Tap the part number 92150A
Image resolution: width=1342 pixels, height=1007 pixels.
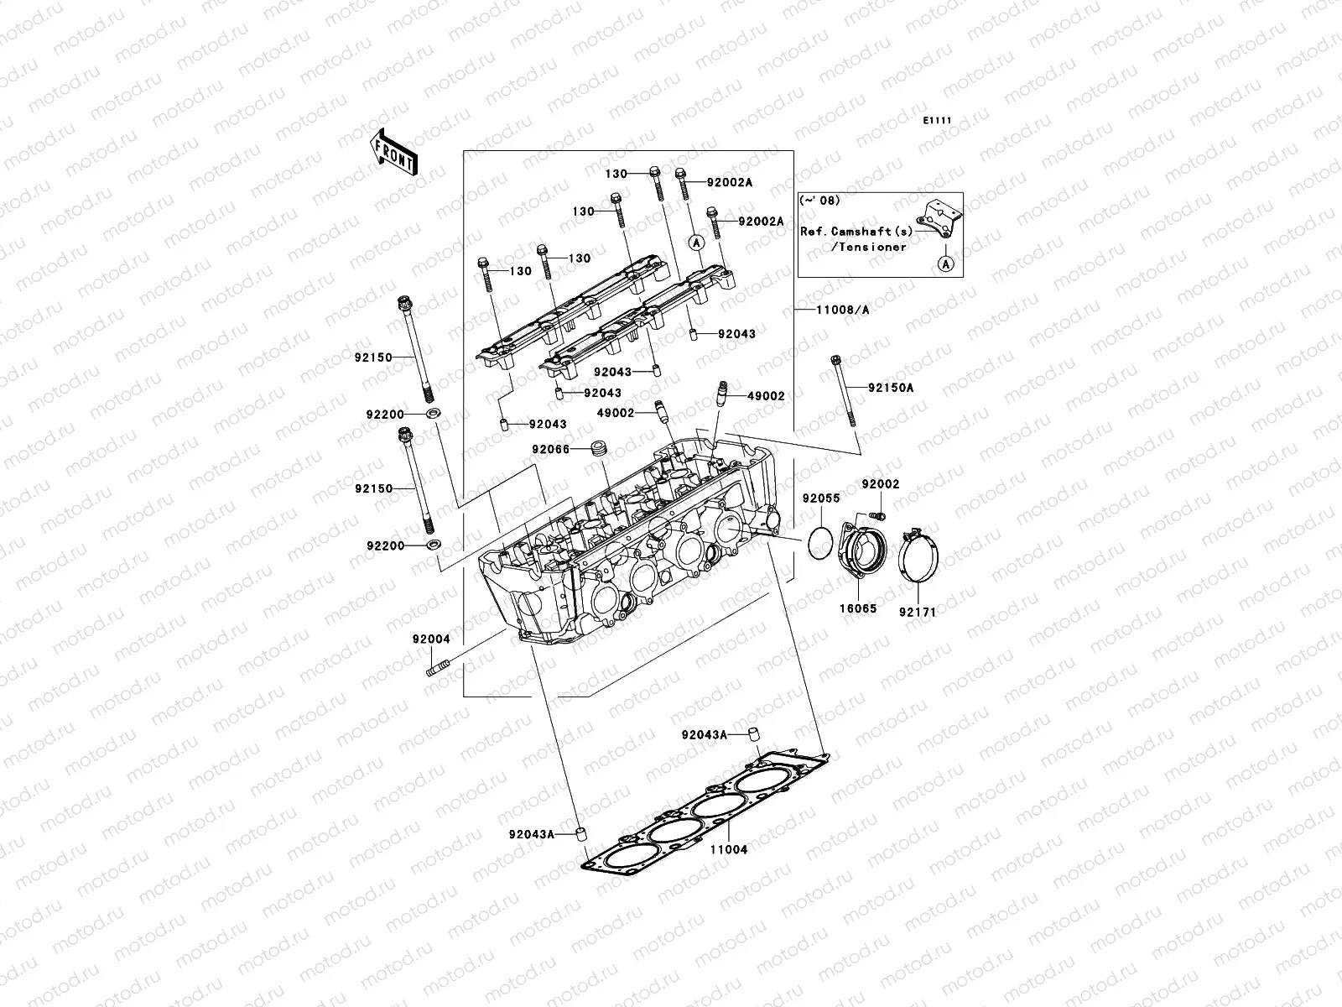point(892,388)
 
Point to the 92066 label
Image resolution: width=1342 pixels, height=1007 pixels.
point(550,450)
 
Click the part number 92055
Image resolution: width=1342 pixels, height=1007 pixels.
point(820,498)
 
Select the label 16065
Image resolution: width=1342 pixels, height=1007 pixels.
point(856,609)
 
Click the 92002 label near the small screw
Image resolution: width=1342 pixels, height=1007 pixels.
point(881,485)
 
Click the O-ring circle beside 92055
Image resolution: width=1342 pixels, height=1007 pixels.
point(823,542)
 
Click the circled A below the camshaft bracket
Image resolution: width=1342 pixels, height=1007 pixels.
point(945,264)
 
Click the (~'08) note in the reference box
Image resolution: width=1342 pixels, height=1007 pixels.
point(819,201)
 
